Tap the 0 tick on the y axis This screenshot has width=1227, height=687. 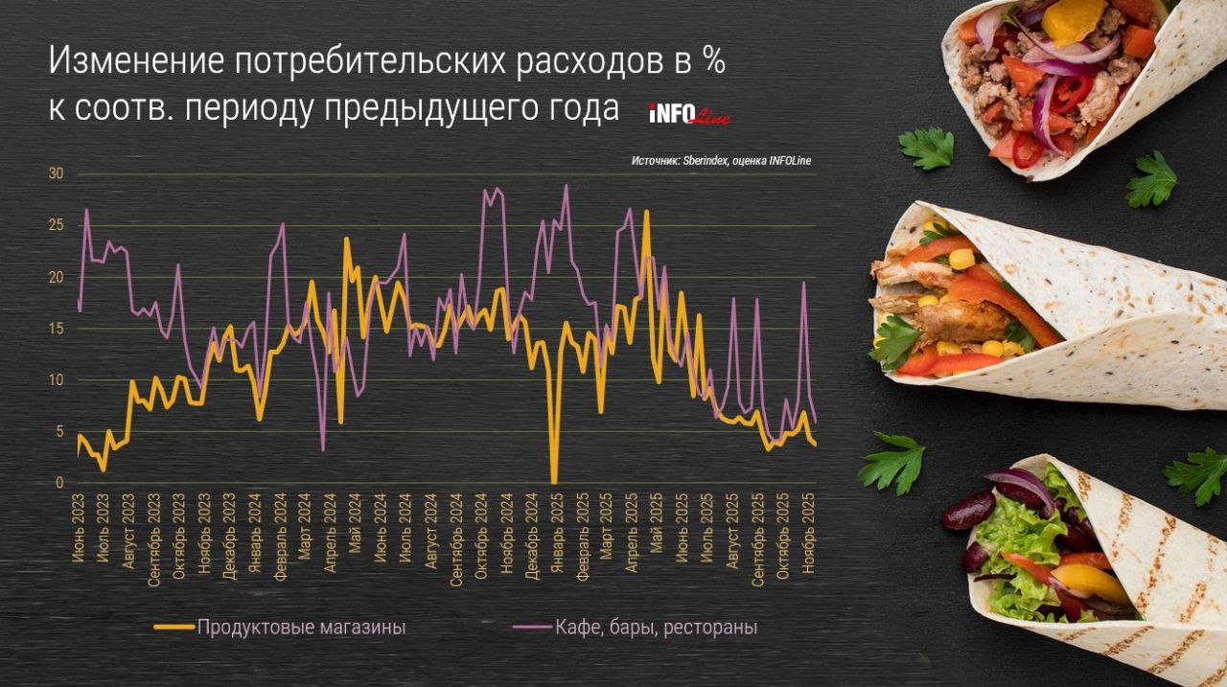pyautogui.click(x=59, y=483)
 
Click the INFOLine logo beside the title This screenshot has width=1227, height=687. pyautogui.click(x=689, y=114)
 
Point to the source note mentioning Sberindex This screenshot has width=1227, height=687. pyautogui.click(x=721, y=161)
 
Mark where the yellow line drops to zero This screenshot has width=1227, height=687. pyautogui.click(x=554, y=481)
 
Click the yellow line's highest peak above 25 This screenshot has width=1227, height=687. pyautogui.click(x=647, y=212)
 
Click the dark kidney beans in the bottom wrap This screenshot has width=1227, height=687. pyautogui.click(x=967, y=511)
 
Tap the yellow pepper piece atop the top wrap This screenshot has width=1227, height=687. pyautogui.click(x=1075, y=19)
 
